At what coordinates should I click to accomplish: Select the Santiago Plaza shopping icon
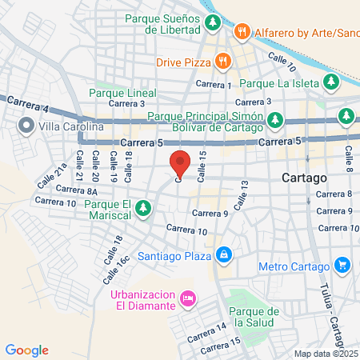(225, 256)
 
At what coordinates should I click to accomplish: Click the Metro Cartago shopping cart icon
(342, 265)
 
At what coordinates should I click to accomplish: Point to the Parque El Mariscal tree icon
(143, 209)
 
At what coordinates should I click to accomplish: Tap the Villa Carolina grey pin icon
(26, 126)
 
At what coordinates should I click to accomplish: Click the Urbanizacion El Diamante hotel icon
(188, 298)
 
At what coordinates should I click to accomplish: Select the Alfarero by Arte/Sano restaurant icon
(241, 33)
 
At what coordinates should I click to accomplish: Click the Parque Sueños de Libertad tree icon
(212, 22)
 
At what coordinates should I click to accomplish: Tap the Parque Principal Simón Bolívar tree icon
(275, 120)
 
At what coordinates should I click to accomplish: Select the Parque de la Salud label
(252, 317)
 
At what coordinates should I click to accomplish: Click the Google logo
(27, 350)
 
